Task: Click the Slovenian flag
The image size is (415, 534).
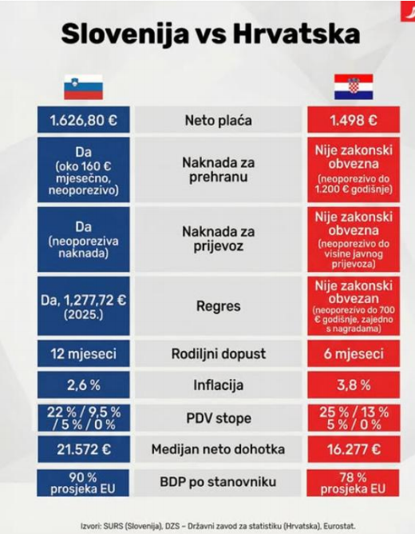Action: click(x=83, y=87)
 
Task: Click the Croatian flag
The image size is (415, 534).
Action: click(x=354, y=87)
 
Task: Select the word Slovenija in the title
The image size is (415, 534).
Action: click(x=125, y=34)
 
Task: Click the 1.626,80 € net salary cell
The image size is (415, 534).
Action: click(x=83, y=120)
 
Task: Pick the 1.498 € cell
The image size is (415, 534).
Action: click(x=354, y=120)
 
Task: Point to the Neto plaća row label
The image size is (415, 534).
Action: click(x=218, y=120)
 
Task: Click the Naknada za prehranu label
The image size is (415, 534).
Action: click(x=218, y=169)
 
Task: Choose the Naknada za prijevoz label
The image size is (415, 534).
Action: click(x=218, y=239)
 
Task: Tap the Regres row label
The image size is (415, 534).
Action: click(x=218, y=306)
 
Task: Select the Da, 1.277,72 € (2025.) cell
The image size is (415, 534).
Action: click(x=83, y=306)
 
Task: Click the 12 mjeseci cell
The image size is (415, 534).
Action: click(x=83, y=353)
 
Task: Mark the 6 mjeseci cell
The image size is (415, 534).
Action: click(x=354, y=353)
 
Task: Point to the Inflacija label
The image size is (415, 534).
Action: click(x=218, y=385)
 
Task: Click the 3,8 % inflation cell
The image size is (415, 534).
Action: click(x=354, y=385)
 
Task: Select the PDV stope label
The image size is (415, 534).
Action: click(x=219, y=418)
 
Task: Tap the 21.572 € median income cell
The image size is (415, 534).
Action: click(x=84, y=449)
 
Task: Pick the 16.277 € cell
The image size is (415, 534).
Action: click(x=354, y=449)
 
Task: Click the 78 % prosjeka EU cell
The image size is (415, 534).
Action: click(x=353, y=483)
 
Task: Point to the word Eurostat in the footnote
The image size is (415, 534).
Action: click(x=339, y=526)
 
